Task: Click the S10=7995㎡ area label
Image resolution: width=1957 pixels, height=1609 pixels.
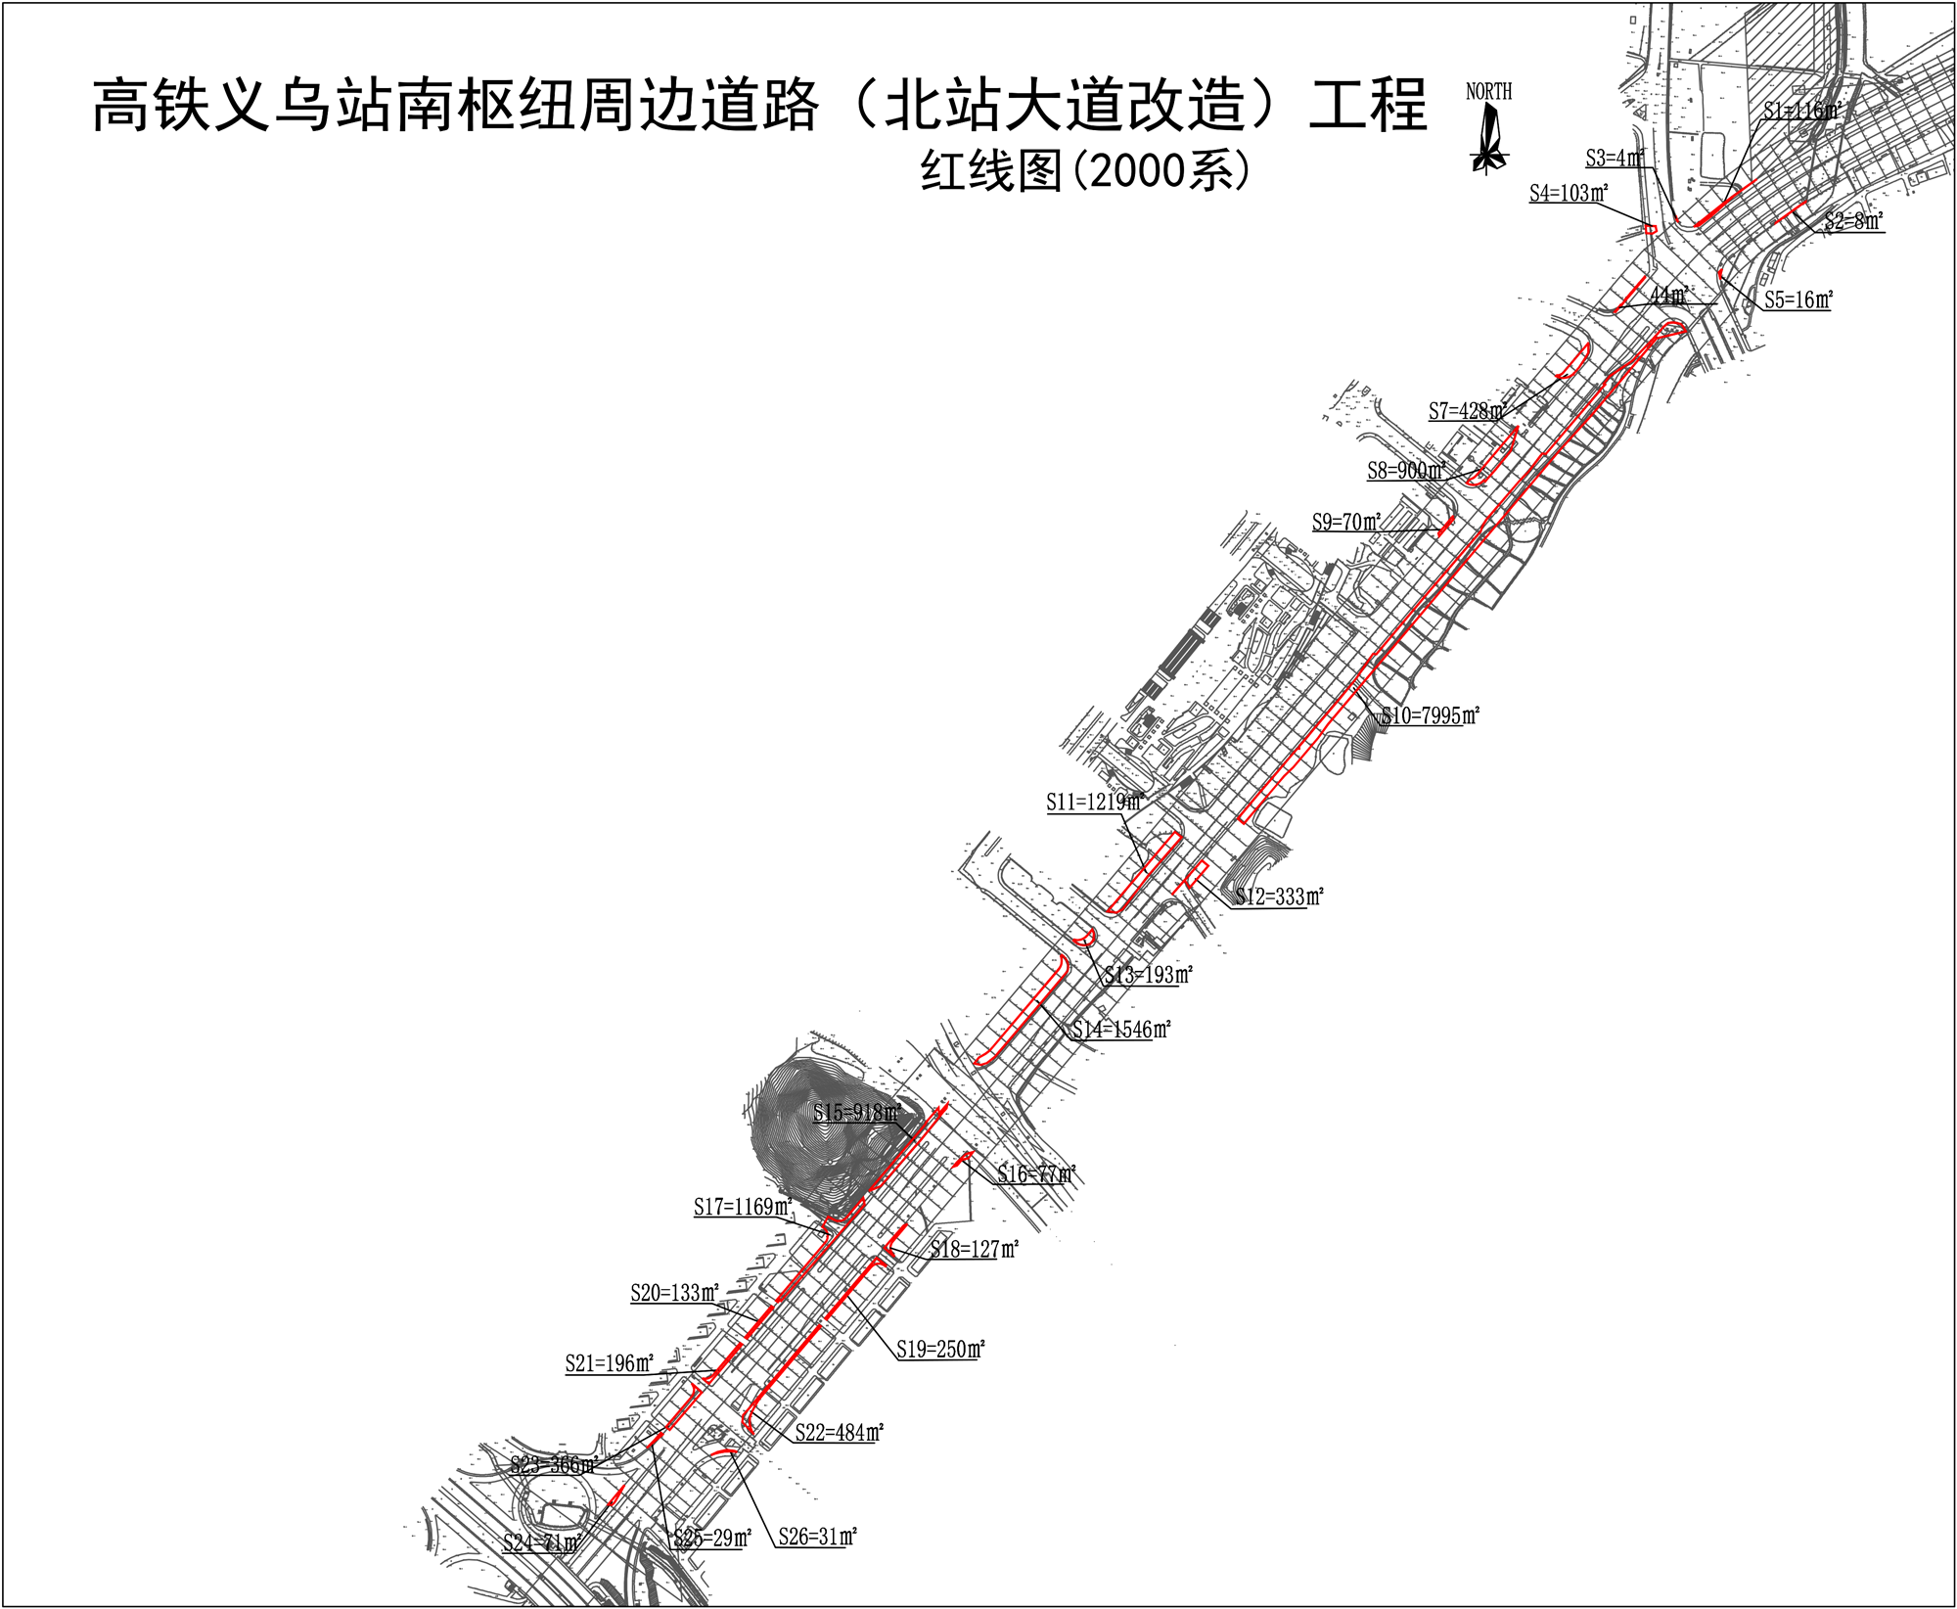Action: click(1431, 716)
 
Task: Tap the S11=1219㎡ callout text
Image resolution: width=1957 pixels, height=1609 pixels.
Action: click(1094, 803)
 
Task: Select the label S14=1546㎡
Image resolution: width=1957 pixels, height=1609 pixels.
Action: click(1121, 1030)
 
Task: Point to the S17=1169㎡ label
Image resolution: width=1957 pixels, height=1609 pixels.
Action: click(743, 1208)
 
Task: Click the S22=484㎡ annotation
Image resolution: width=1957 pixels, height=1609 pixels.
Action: click(839, 1433)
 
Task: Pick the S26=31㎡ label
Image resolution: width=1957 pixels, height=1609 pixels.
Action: click(818, 1537)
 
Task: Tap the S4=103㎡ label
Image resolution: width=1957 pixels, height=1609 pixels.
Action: click(1569, 194)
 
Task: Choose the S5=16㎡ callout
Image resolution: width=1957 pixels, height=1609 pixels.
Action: click(1798, 300)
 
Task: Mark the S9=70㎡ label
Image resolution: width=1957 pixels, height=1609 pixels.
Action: click(1346, 523)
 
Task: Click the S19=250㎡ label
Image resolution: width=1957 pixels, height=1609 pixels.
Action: click(940, 1350)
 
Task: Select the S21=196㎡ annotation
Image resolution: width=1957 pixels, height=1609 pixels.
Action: click(609, 1363)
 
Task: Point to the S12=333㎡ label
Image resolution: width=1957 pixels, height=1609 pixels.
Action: click(1279, 896)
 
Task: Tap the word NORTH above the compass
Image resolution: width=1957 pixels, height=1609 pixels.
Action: click(1488, 92)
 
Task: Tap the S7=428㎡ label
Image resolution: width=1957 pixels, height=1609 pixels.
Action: click(1466, 411)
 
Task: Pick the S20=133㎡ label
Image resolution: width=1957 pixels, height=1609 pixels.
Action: click(674, 1293)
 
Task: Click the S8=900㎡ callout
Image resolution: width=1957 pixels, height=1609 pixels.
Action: click(1406, 471)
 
